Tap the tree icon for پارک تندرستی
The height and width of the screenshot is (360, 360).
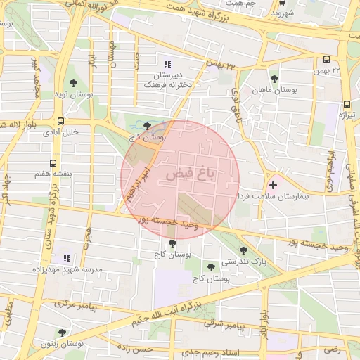[243, 250]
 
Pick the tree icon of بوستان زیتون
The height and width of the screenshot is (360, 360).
[62, 333]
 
